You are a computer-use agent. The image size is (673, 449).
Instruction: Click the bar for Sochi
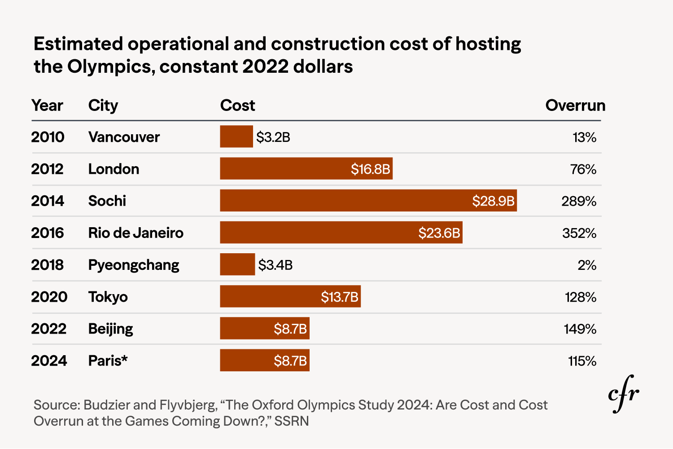(368, 200)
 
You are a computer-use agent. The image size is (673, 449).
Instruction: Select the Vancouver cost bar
(236, 136)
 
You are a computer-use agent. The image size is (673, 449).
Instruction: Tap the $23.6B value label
(439, 233)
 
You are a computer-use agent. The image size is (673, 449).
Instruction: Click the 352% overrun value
(579, 233)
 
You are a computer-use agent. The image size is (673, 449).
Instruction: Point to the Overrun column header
(575, 106)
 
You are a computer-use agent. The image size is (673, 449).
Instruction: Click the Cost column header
(237, 106)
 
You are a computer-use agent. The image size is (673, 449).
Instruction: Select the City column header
(103, 106)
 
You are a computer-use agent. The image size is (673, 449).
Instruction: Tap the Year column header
(47, 106)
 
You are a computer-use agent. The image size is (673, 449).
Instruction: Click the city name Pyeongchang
(133, 265)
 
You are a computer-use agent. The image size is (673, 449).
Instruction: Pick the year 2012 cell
(47, 169)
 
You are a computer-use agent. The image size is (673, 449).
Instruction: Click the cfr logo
(623, 394)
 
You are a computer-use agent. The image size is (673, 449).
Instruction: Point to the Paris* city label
(108, 361)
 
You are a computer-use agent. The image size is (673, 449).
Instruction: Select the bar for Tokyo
(290, 296)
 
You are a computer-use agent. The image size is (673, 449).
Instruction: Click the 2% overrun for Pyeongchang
(586, 265)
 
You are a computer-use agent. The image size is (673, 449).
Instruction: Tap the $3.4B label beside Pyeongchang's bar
(275, 265)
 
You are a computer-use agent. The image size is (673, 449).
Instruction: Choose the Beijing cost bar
(264, 328)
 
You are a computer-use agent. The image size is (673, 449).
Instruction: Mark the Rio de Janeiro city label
(135, 233)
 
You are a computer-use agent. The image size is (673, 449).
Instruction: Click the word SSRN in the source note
(292, 421)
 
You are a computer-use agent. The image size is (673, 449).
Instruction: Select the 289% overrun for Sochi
(578, 201)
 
